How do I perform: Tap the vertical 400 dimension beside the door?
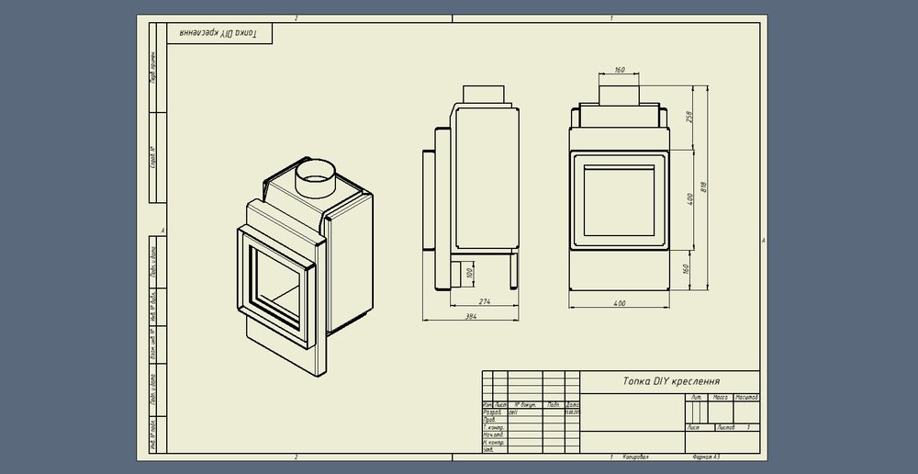(x=689, y=199)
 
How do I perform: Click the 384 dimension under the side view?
(x=472, y=317)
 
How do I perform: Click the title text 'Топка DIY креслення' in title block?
(x=671, y=381)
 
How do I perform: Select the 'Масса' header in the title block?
(x=721, y=397)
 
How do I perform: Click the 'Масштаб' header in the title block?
(x=744, y=397)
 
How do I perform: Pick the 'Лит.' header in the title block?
(x=697, y=397)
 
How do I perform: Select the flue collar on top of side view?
(x=483, y=95)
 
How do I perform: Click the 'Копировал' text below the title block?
(x=634, y=457)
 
